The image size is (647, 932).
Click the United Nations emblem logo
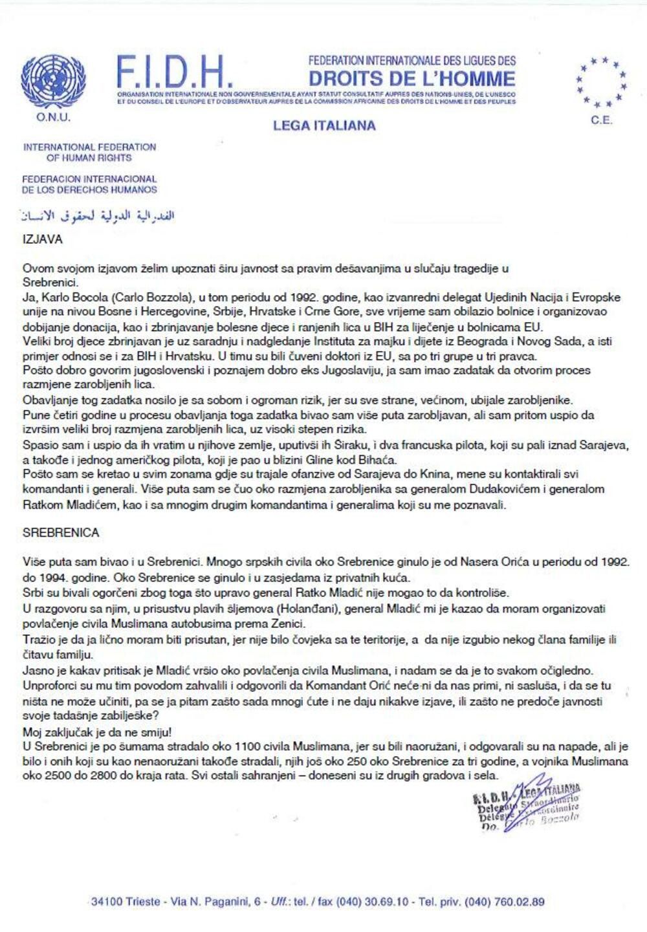(53, 81)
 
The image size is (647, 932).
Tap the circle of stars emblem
(601, 81)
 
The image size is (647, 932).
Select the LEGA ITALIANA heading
(324, 125)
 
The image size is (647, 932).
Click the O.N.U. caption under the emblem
(53, 117)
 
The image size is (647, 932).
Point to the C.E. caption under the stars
(601, 120)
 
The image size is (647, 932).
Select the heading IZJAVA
(43, 239)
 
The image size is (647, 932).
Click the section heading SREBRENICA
(61, 532)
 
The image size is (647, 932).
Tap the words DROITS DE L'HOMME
(412, 79)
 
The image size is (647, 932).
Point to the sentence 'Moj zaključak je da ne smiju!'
(97, 732)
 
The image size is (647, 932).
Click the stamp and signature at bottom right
(527, 804)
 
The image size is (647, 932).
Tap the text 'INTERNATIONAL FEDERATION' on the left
(89, 147)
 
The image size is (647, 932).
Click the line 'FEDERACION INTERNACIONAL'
(89, 179)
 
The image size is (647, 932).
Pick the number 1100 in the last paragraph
(248, 747)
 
